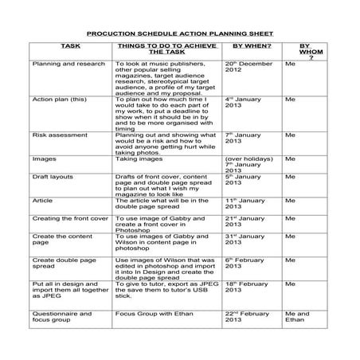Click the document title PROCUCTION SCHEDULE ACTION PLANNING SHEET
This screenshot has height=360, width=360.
click(x=179, y=35)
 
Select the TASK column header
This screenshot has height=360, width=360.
click(x=70, y=47)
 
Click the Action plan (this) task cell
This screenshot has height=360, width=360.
click(x=55, y=100)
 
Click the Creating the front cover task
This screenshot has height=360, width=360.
click(x=69, y=217)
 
